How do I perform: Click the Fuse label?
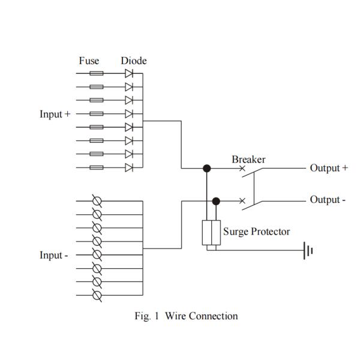89,61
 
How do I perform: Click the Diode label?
133,61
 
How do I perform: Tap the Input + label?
55,114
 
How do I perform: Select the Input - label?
54,256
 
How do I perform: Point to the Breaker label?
248,160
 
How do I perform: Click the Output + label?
328,168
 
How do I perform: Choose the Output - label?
327,200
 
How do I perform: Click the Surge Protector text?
256,232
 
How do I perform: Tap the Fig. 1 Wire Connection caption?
185,316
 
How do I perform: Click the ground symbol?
309,251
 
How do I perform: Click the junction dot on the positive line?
207,169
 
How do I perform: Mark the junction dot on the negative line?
216,201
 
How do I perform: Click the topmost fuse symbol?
96,74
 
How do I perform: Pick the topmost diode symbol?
129,74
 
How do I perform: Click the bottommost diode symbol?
129,167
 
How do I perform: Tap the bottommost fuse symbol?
96,167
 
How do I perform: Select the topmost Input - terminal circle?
97,201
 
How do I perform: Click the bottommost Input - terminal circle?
97,295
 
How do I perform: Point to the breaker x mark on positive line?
242,169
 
